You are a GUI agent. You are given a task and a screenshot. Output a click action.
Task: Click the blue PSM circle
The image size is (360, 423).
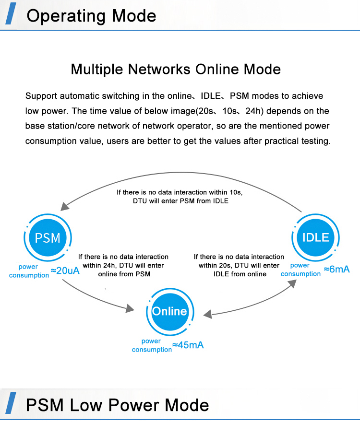pyautogui.click(x=48, y=237)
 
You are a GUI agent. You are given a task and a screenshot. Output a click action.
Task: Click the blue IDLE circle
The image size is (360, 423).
pyautogui.click(x=316, y=237)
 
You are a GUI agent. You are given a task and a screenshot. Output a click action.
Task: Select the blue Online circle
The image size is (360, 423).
pyautogui.click(x=169, y=311)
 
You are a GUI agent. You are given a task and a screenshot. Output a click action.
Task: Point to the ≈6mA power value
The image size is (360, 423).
pyautogui.click(x=336, y=269)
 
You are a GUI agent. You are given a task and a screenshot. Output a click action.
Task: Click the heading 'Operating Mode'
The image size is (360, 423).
pyautogui.click(x=91, y=16)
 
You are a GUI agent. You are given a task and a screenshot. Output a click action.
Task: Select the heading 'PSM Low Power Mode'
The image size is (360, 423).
pyautogui.click(x=118, y=405)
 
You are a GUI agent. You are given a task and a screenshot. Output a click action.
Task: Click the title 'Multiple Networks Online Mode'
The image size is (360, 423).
pyautogui.click(x=176, y=69)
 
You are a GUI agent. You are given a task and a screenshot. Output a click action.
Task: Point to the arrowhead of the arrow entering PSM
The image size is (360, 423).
pyautogui.click(x=63, y=207)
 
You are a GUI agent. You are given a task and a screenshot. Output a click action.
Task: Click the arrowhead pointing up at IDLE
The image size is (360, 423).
pyautogui.click(x=292, y=284)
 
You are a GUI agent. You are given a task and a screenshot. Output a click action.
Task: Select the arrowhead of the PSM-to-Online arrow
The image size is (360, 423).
pyautogui.click(x=130, y=309)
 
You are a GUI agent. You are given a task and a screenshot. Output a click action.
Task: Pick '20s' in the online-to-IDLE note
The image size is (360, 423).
pyautogui.click(x=226, y=265)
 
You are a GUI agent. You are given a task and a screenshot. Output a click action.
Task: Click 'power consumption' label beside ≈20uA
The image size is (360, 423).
pyautogui.click(x=29, y=271)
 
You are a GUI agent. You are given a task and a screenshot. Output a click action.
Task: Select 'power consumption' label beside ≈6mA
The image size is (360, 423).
pyautogui.click(x=300, y=270)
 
